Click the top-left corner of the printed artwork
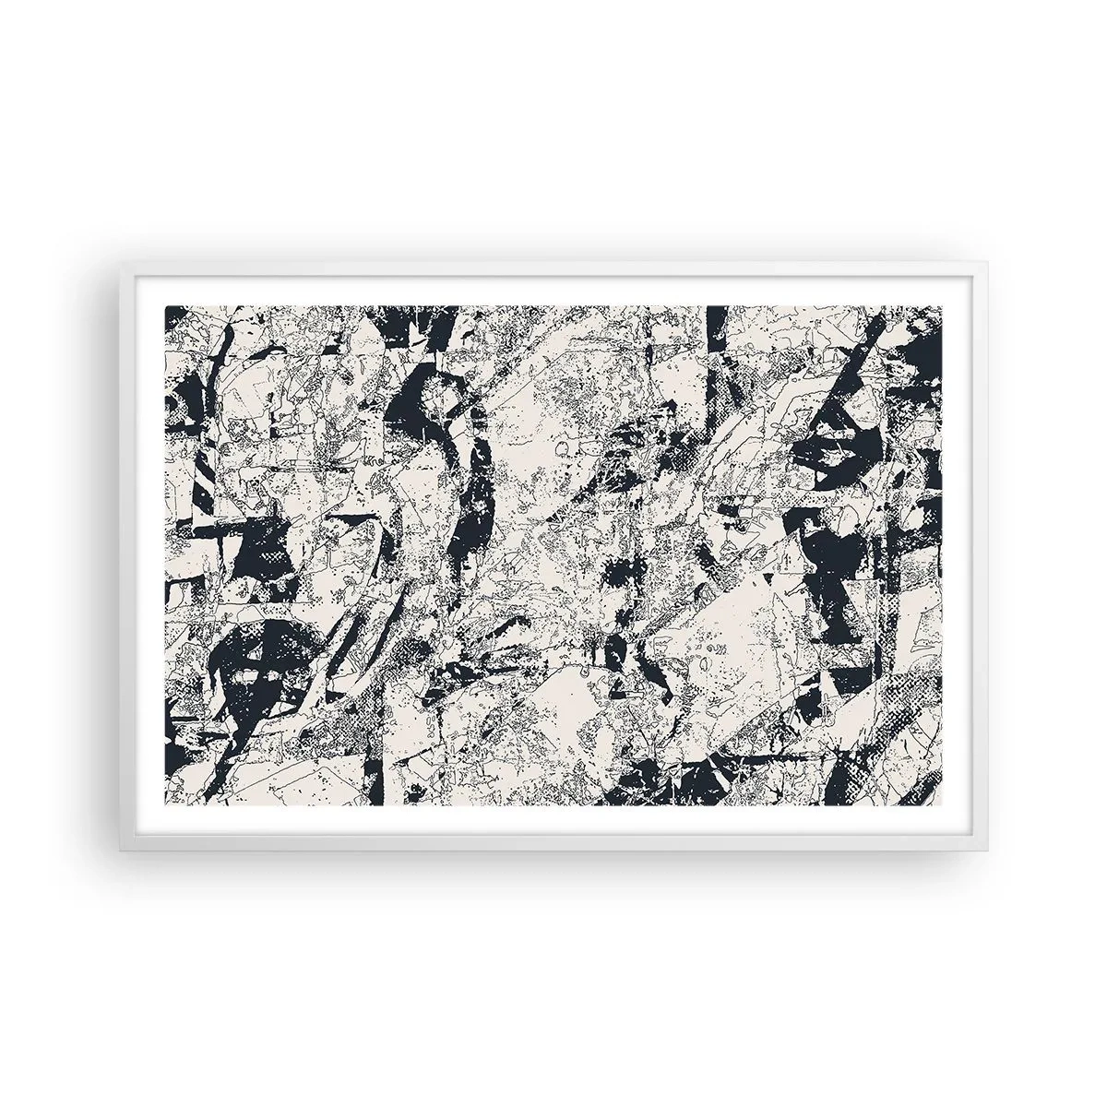tap(165, 305)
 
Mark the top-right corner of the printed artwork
tap(943, 305)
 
